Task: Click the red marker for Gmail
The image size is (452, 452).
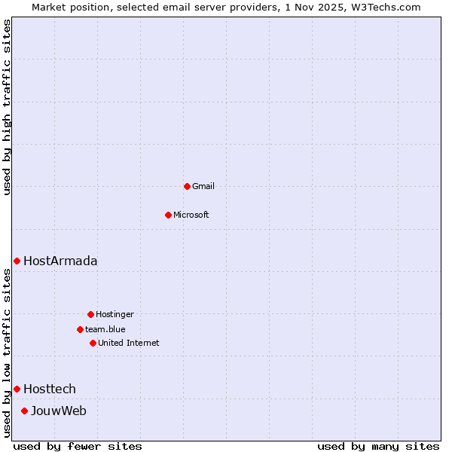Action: [187, 186]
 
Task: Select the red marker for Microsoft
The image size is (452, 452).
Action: [168, 215]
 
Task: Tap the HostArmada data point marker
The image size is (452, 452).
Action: [17, 261]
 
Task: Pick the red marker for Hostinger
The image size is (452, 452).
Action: [90, 314]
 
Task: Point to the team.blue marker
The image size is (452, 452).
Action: [80, 329]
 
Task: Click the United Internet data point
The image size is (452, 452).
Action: [93, 343]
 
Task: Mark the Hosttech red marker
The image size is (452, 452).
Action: [17, 389]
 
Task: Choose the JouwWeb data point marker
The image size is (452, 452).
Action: [24, 411]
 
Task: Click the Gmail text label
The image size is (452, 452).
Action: [203, 186]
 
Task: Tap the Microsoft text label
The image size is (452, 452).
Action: [191, 215]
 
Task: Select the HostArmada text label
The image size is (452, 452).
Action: [60, 261]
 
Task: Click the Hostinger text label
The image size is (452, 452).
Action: [115, 314]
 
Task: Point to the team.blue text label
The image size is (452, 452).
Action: [105, 329]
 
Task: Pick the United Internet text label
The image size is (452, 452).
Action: [129, 343]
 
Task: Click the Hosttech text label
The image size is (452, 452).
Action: [50, 389]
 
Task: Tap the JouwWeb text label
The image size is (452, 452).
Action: [59, 411]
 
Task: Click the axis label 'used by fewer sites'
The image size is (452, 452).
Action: [78, 446]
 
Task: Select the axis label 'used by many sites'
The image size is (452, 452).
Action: [378, 446]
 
